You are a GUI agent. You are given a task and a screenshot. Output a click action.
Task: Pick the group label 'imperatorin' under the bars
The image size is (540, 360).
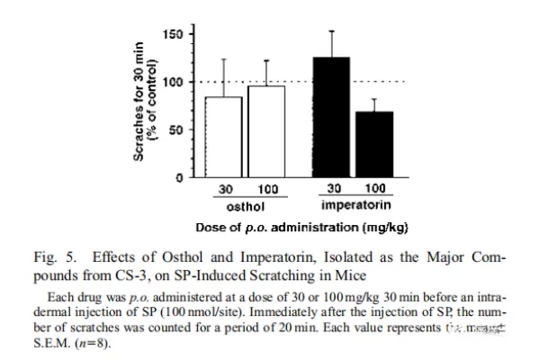tap(354, 206)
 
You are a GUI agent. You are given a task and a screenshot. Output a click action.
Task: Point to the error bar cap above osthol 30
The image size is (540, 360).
tap(223, 59)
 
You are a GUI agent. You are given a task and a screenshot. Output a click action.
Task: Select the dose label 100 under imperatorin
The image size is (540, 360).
tap(377, 191)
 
